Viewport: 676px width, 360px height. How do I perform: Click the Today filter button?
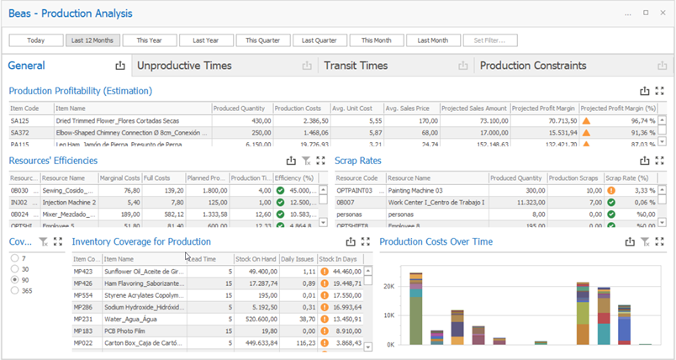pyautogui.click(x=36, y=40)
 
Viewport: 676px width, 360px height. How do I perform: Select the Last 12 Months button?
pyautogui.click(x=92, y=40)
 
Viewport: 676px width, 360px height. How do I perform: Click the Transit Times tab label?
pyautogui.click(x=356, y=66)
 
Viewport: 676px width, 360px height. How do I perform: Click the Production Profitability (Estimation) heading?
pyautogui.click(x=81, y=91)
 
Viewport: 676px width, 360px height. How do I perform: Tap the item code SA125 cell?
pyautogui.click(x=20, y=120)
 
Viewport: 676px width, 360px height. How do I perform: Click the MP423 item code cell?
pyautogui.click(x=82, y=272)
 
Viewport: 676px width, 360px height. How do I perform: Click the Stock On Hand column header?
pyautogui.click(x=256, y=260)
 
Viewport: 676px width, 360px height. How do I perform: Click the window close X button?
pyautogui.click(x=663, y=13)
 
